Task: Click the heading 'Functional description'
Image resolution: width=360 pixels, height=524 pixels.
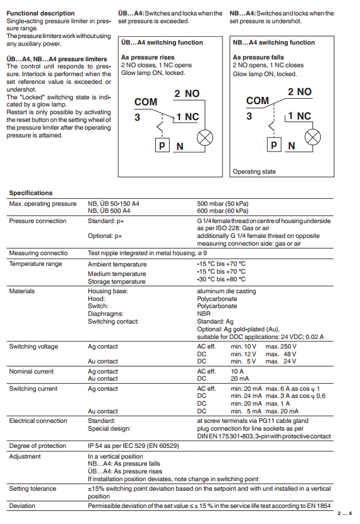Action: coord(40,13)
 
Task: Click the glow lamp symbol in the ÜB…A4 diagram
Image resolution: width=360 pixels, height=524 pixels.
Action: coord(205,138)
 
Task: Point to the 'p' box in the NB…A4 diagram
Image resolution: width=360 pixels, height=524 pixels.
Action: coord(273,144)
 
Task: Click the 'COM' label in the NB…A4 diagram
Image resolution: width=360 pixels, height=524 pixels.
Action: coord(258,101)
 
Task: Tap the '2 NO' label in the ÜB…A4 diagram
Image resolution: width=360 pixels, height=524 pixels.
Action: coord(187,94)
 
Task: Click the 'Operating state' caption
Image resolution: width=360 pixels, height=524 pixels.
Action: coord(254,172)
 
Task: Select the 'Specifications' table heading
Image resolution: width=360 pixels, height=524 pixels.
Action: coord(31,193)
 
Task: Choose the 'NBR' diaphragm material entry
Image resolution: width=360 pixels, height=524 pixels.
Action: coord(204,313)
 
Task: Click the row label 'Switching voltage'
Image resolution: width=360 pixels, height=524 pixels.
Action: coord(33,346)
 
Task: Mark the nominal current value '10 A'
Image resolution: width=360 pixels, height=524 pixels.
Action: coord(237,371)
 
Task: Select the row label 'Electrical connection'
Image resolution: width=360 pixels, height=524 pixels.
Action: coord(38,421)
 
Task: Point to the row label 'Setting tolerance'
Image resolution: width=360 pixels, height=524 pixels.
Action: coord(33,489)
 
